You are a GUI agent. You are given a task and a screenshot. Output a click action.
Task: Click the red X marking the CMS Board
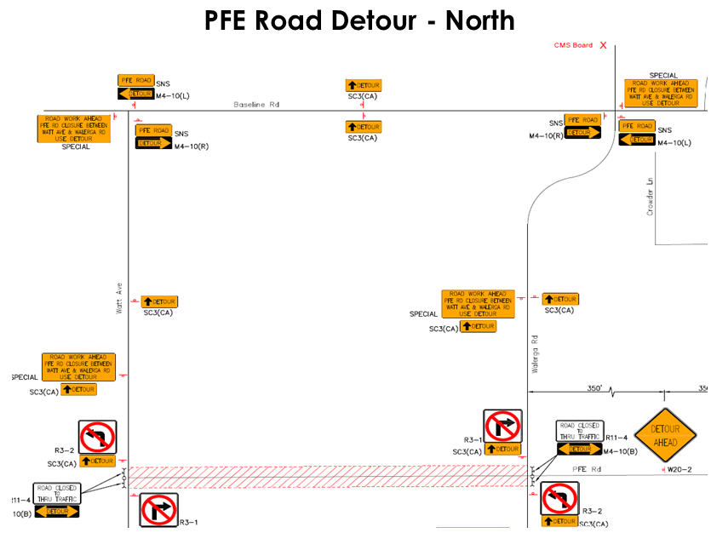pyautogui.click(x=604, y=45)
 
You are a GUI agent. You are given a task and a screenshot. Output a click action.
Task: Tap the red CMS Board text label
pyautogui.click(x=573, y=45)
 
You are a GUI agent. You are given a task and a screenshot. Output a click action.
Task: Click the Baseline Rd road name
pyautogui.click(x=256, y=105)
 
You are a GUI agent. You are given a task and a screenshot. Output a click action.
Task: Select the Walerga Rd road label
pyautogui.click(x=535, y=351)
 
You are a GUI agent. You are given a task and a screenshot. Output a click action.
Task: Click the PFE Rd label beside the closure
pyautogui.click(x=588, y=468)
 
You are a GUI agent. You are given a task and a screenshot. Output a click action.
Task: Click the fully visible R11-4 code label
pyautogui.click(x=616, y=436)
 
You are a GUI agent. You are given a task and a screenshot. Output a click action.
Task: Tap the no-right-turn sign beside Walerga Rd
pyautogui.click(x=502, y=427)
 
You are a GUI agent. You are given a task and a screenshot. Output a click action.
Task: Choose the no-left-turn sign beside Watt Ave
pyautogui.click(x=97, y=437)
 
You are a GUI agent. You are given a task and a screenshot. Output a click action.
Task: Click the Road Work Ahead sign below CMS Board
pyautogui.click(x=661, y=93)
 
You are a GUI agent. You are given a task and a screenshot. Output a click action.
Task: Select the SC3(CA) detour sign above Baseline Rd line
pyautogui.click(x=363, y=85)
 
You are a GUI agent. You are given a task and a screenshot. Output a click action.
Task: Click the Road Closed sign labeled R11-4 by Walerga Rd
pyautogui.click(x=579, y=431)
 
